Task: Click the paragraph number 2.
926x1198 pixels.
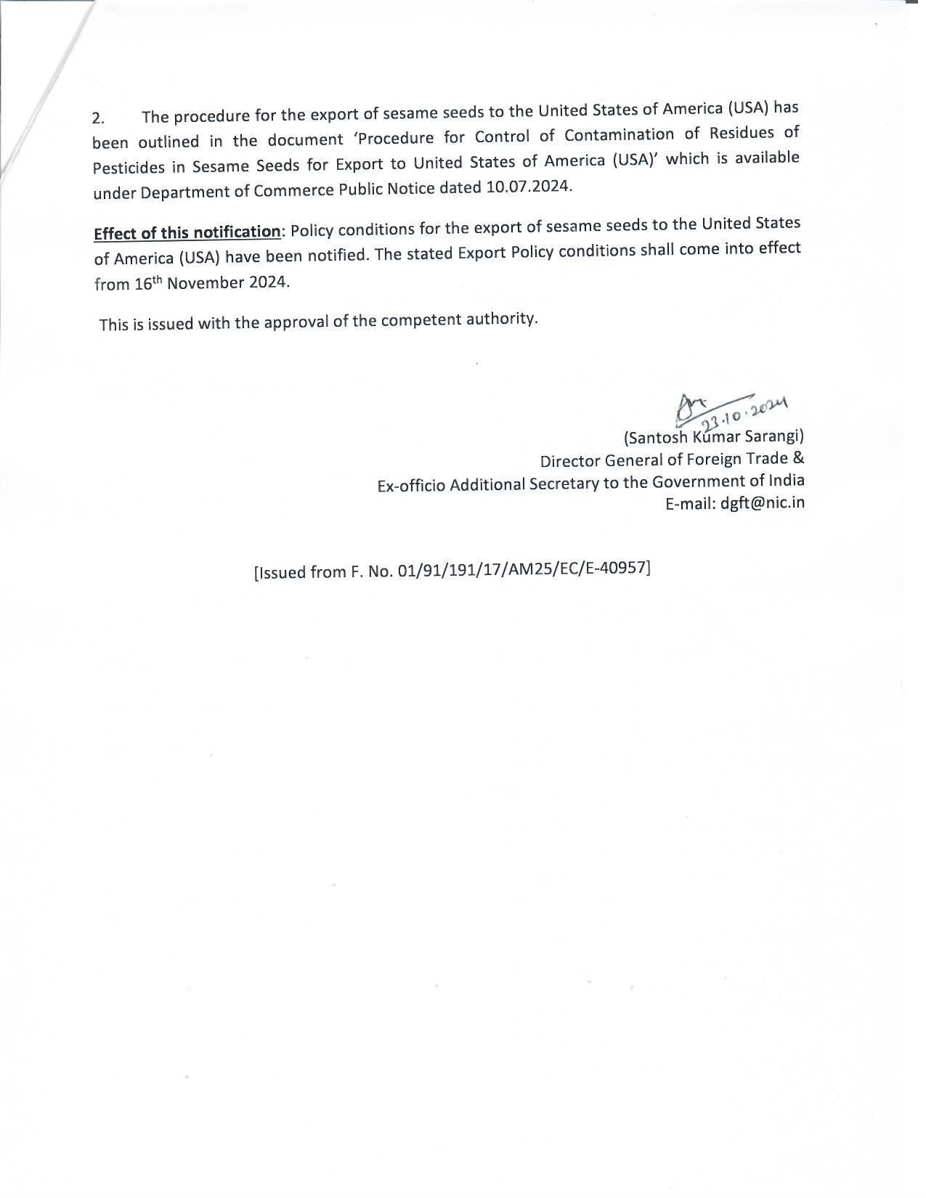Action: click(x=98, y=118)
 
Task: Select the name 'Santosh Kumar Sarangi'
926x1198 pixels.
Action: click(x=714, y=437)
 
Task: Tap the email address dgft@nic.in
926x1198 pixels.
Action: click(x=763, y=503)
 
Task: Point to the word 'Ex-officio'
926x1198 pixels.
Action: click(x=410, y=486)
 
